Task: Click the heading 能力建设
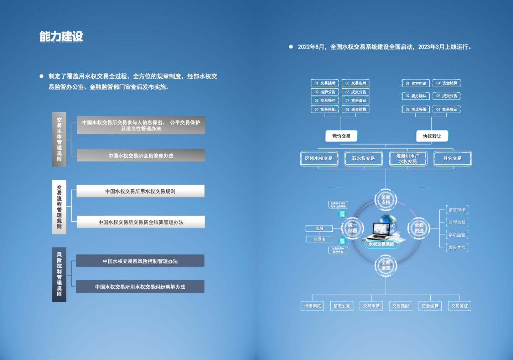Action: coord(61,36)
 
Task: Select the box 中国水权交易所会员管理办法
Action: coord(141,155)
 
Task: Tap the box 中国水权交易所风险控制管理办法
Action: coord(140,261)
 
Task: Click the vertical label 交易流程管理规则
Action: coord(59,207)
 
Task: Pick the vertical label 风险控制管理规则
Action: coord(59,274)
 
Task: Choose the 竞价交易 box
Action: coord(341,136)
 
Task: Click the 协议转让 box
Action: coord(432,136)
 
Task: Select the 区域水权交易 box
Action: coord(319,159)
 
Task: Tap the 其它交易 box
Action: coord(452,159)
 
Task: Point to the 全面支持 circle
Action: coord(386,200)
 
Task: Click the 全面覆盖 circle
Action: coord(386,266)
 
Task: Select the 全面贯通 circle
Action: coord(419,228)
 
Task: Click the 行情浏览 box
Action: coord(312,306)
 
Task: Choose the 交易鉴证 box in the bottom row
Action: coord(460,306)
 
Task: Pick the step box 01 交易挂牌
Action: coord(325,83)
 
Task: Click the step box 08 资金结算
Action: coord(356,109)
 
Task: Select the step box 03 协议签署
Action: coord(416,109)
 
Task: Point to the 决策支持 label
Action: coord(457,247)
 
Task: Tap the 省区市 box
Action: coord(320,239)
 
